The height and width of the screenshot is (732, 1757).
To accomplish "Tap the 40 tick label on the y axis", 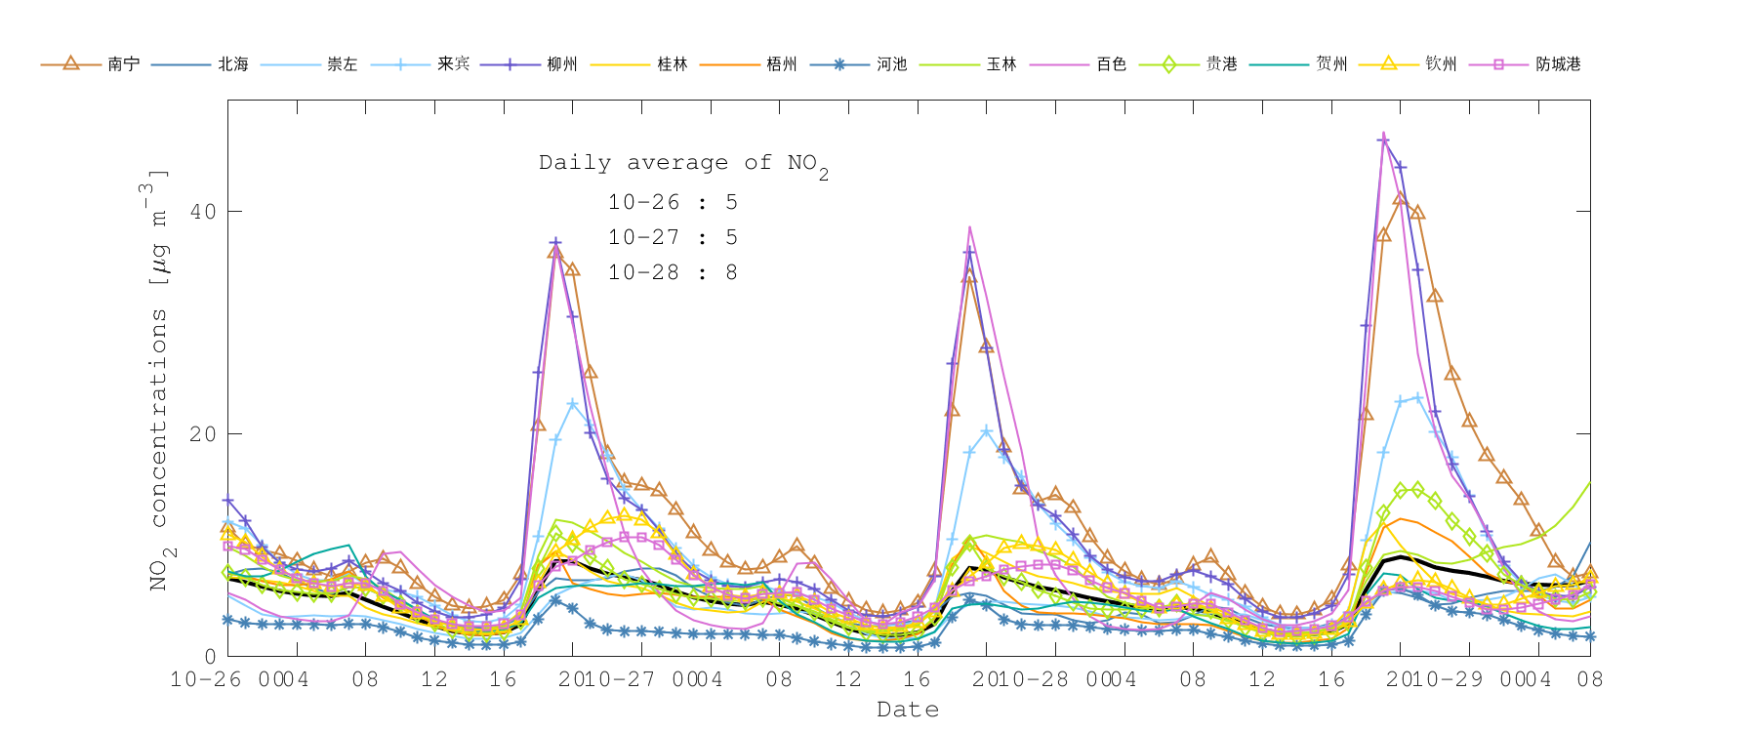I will [x=203, y=212].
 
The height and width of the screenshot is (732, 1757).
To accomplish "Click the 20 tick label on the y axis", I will [x=203, y=434].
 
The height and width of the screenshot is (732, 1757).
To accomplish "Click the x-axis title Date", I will [x=908, y=710].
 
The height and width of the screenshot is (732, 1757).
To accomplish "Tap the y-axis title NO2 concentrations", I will [x=159, y=381].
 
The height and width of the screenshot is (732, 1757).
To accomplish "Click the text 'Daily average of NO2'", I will [x=683, y=164].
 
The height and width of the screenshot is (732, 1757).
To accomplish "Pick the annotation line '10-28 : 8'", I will [x=673, y=273].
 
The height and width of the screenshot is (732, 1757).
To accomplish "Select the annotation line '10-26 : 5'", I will [x=673, y=203].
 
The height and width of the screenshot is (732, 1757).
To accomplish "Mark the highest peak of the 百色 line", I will [x=1383, y=134].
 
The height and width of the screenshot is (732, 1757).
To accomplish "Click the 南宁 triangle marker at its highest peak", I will [x=1400, y=198].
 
